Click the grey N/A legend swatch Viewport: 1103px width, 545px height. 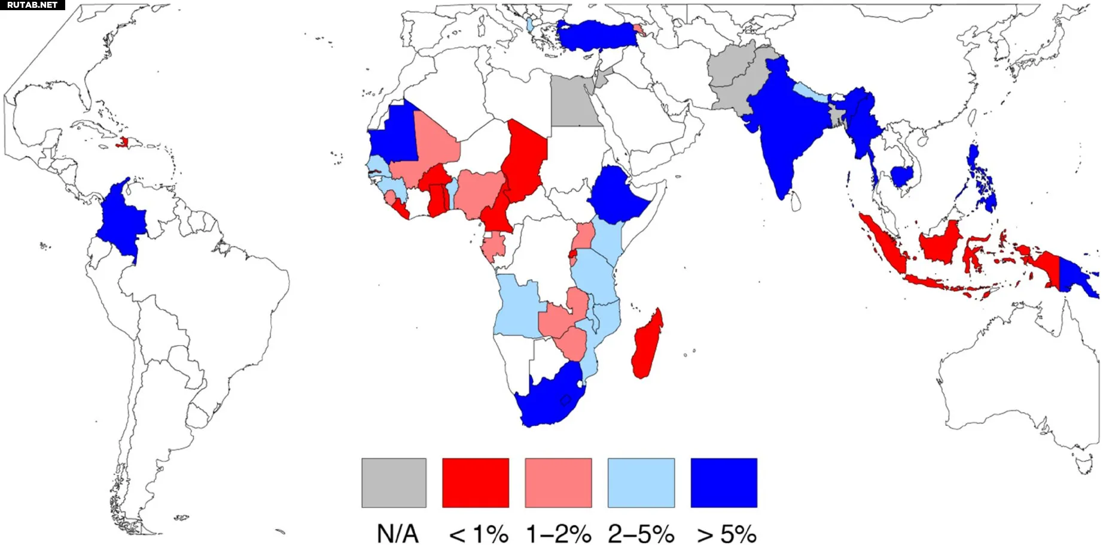pyautogui.click(x=394, y=483)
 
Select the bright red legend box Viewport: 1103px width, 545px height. pyautogui.click(x=476, y=483)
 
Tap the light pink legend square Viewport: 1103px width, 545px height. pyautogui.click(x=558, y=483)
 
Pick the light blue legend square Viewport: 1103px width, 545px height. pyautogui.click(x=641, y=483)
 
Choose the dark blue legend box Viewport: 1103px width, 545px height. pyautogui.click(x=724, y=483)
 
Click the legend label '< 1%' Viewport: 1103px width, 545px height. pyautogui.click(x=479, y=534)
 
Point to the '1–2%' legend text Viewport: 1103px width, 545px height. pyautogui.click(x=559, y=534)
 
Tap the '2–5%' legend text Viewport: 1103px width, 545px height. pyautogui.click(x=641, y=534)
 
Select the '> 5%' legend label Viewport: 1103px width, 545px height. pyautogui.click(x=726, y=534)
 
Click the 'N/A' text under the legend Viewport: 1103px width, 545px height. pyautogui.click(x=397, y=534)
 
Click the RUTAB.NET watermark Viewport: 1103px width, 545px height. pyautogui.click(x=32, y=5)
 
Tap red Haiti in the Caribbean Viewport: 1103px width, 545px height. pyautogui.click(x=124, y=143)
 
